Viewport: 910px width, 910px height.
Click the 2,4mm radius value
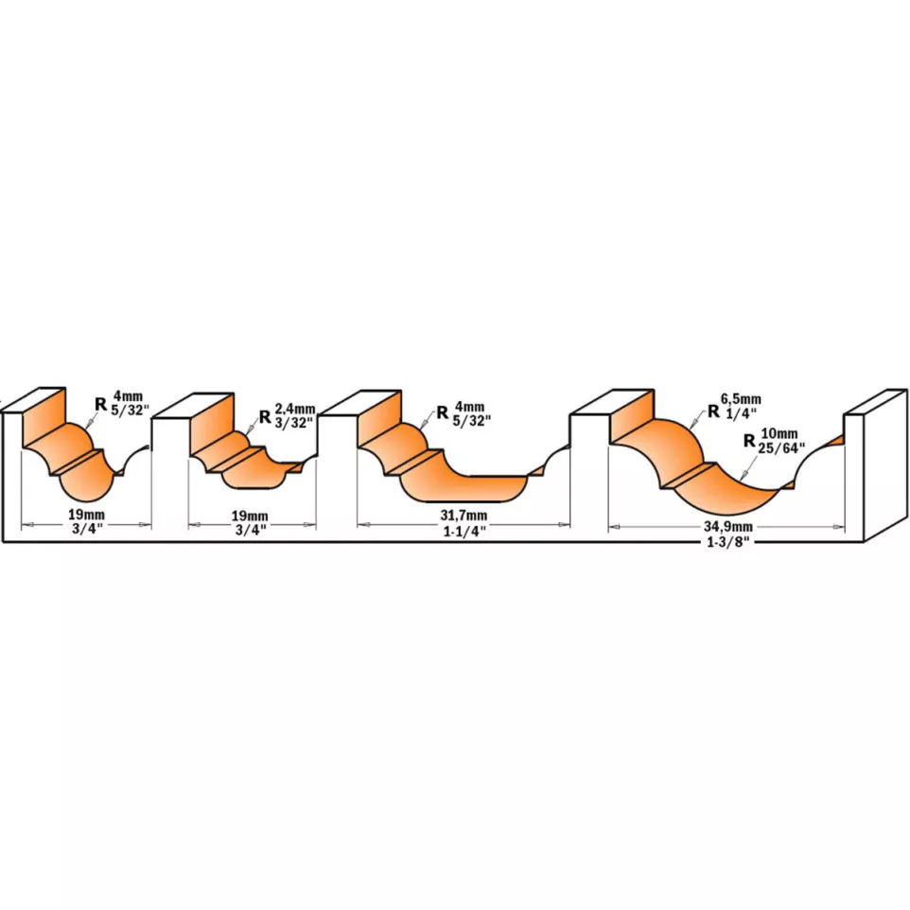pos(295,411)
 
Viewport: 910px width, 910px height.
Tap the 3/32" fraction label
pos(294,423)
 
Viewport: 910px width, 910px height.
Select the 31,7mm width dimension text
pos(464,516)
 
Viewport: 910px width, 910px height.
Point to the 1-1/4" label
pos(464,531)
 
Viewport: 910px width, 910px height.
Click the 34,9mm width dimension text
pos(728,527)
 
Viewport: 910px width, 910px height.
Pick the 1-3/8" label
pos(728,543)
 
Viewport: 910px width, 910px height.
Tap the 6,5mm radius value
pos(741,399)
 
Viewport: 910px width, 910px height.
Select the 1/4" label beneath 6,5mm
pos(741,413)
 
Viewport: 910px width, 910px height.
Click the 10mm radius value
pos(779,433)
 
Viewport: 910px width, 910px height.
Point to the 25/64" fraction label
pos(781,447)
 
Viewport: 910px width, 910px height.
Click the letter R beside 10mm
pos(750,441)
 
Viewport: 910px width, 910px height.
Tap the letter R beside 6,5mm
pos(713,411)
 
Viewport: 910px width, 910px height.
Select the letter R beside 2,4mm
pos(265,416)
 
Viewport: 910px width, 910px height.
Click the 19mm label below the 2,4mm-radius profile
pos(250,516)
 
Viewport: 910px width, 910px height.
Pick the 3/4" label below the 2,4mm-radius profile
pos(251,530)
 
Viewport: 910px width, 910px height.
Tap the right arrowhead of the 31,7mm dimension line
pos(564,525)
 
